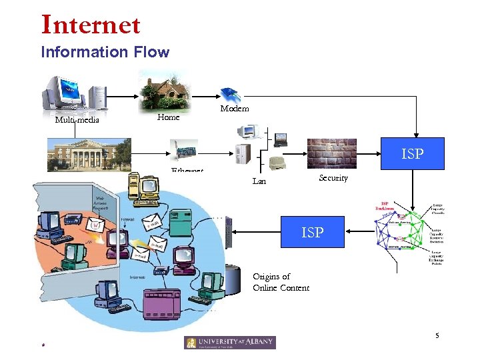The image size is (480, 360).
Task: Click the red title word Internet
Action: (91, 25)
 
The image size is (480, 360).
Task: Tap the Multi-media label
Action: (77, 120)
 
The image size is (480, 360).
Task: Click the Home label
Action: (168, 117)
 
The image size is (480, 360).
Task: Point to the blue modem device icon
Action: (230, 93)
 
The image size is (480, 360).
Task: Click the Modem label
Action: (235, 108)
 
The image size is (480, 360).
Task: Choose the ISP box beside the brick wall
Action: (411, 154)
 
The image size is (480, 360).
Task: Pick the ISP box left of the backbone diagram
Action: (312, 232)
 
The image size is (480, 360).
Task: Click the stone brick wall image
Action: (331, 153)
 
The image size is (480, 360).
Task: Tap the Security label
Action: (333, 178)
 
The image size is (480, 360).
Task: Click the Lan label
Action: (259, 181)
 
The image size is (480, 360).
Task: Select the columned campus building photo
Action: (89, 155)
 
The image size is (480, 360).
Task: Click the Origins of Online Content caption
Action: (281, 282)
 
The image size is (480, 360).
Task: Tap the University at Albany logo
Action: (229, 342)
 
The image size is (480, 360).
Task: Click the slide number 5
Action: (437, 335)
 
